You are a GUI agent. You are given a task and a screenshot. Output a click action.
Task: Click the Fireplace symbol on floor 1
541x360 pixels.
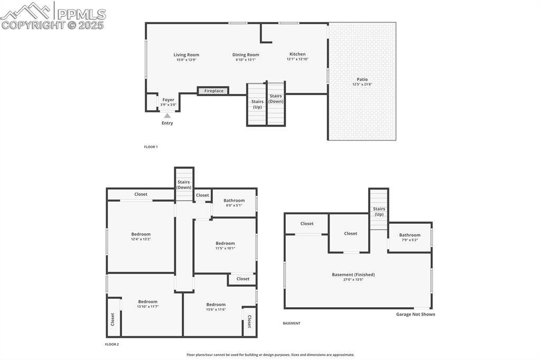tap(213, 91)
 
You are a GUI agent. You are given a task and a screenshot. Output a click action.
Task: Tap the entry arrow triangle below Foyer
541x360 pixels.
tap(167, 115)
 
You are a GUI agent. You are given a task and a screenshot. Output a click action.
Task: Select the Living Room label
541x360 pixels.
tap(186, 55)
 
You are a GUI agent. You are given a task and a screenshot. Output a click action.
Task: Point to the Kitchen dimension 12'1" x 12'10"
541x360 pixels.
tap(297, 59)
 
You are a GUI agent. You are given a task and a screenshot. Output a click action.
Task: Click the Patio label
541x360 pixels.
tap(362, 79)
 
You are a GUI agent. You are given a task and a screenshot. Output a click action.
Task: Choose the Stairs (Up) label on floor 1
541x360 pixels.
tap(257, 104)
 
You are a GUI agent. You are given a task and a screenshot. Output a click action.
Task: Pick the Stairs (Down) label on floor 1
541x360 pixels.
tap(276, 99)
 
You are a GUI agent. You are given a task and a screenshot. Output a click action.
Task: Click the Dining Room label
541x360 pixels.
tap(246, 55)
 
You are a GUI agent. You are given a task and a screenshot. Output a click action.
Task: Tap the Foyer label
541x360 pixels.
tap(168, 100)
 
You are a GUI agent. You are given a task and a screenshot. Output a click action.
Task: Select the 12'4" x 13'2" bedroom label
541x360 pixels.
tap(141, 234)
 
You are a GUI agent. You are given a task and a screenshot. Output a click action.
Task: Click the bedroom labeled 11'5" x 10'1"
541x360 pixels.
tap(225, 243)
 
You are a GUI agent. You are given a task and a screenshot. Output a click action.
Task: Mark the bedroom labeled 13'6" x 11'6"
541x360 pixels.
tap(216, 305)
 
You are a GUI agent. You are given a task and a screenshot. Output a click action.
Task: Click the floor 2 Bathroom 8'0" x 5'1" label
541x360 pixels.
tap(234, 201)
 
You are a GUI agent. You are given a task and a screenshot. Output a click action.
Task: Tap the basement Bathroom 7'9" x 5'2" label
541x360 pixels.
tap(409, 235)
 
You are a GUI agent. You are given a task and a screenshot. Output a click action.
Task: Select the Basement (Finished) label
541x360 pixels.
tap(353, 274)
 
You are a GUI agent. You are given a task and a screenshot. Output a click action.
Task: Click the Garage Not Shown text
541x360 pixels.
tap(415, 314)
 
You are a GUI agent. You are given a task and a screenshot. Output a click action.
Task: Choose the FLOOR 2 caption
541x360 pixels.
tap(112, 344)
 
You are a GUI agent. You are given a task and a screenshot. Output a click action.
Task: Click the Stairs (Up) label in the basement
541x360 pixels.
tap(379, 212)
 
